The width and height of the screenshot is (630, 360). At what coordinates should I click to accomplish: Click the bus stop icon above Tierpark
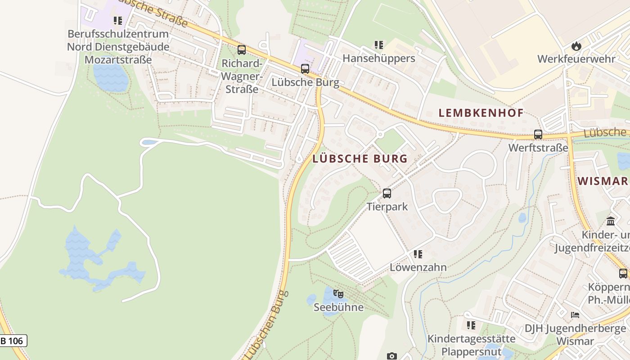coord(387,193)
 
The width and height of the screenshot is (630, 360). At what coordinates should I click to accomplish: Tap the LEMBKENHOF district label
coord(481,113)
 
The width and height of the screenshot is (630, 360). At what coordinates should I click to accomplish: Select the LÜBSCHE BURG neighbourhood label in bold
coord(360,158)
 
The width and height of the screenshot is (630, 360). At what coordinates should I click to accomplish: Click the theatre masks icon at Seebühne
coord(338,294)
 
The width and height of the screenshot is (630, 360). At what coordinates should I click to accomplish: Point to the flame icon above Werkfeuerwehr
coord(576,46)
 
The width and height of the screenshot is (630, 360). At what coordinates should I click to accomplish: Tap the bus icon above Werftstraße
coord(538,134)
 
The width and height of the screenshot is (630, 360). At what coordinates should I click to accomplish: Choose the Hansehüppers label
coord(378,58)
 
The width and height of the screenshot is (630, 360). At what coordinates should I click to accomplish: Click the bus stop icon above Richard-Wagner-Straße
coord(242,50)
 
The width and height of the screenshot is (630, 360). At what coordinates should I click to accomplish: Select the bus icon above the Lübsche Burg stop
coord(305,69)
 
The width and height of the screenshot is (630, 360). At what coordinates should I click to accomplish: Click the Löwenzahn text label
coord(418,267)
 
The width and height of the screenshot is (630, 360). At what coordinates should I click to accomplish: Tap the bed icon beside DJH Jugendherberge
coord(575,315)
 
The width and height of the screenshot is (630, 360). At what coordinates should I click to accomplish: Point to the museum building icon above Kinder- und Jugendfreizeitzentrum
coord(611,221)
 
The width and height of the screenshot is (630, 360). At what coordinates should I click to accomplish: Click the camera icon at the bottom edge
coord(392,356)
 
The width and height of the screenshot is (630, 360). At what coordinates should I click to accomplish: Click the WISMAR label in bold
coord(603,181)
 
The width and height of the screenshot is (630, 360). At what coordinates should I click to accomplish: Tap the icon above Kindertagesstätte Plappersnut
coord(471,325)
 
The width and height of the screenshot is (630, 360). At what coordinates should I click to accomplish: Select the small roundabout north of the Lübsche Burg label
coord(379,134)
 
